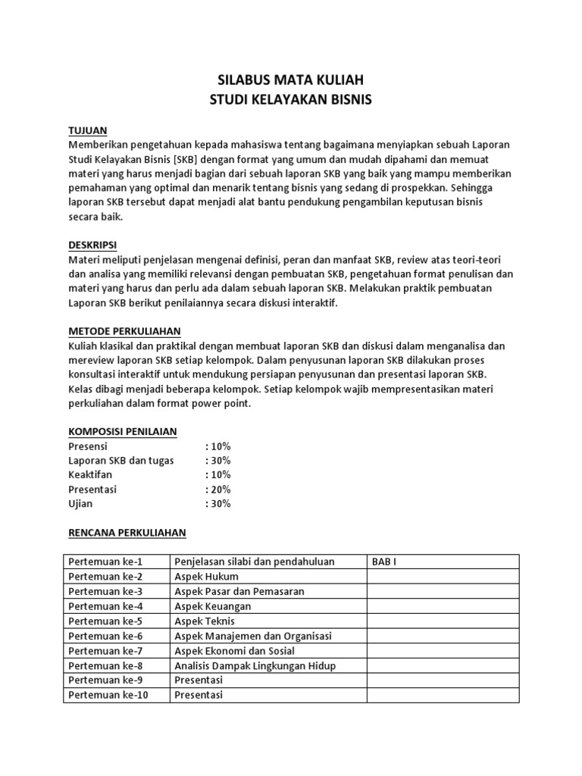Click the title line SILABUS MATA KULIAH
point(290,80)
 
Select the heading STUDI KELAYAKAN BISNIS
point(290,99)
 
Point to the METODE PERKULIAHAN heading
point(124,331)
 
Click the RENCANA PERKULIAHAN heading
point(127,533)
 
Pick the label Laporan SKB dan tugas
point(120,461)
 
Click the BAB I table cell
point(383,562)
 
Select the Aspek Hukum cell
point(208,577)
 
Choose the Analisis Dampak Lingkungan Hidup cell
point(255,665)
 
